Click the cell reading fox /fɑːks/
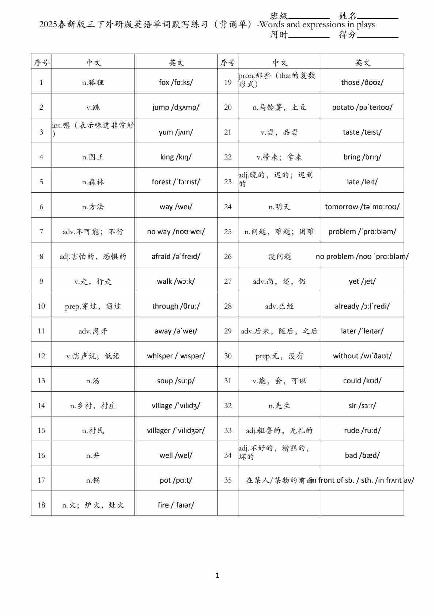pyautogui.click(x=176, y=82)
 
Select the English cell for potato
pyautogui.click(x=362, y=107)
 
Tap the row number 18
pyautogui.click(x=41, y=505)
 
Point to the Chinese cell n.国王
pyautogui.click(x=93, y=157)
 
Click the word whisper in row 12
pyautogui.click(x=160, y=356)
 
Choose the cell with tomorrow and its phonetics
pyautogui.click(x=362, y=207)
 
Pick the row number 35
pyautogui.click(x=228, y=480)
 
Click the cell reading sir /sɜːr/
pyautogui.click(x=362, y=405)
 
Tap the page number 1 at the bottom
pyautogui.click(x=217, y=575)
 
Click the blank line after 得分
pyautogui.click(x=378, y=36)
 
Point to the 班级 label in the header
pyautogui.click(x=279, y=16)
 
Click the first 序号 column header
pyautogui.click(x=41, y=63)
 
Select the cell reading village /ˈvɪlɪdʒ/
pyautogui.click(x=176, y=405)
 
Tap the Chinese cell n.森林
pyautogui.click(x=93, y=182)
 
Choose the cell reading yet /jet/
pyautogui.click(x=362, y=281)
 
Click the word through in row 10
pyautogui.click(x=165, y=306)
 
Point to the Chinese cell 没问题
pyautogui.click(x=280, y=256)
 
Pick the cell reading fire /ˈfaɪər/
pyautogui.click(x=176, y=505)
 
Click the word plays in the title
pyautogui.click(x=366, y=25)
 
